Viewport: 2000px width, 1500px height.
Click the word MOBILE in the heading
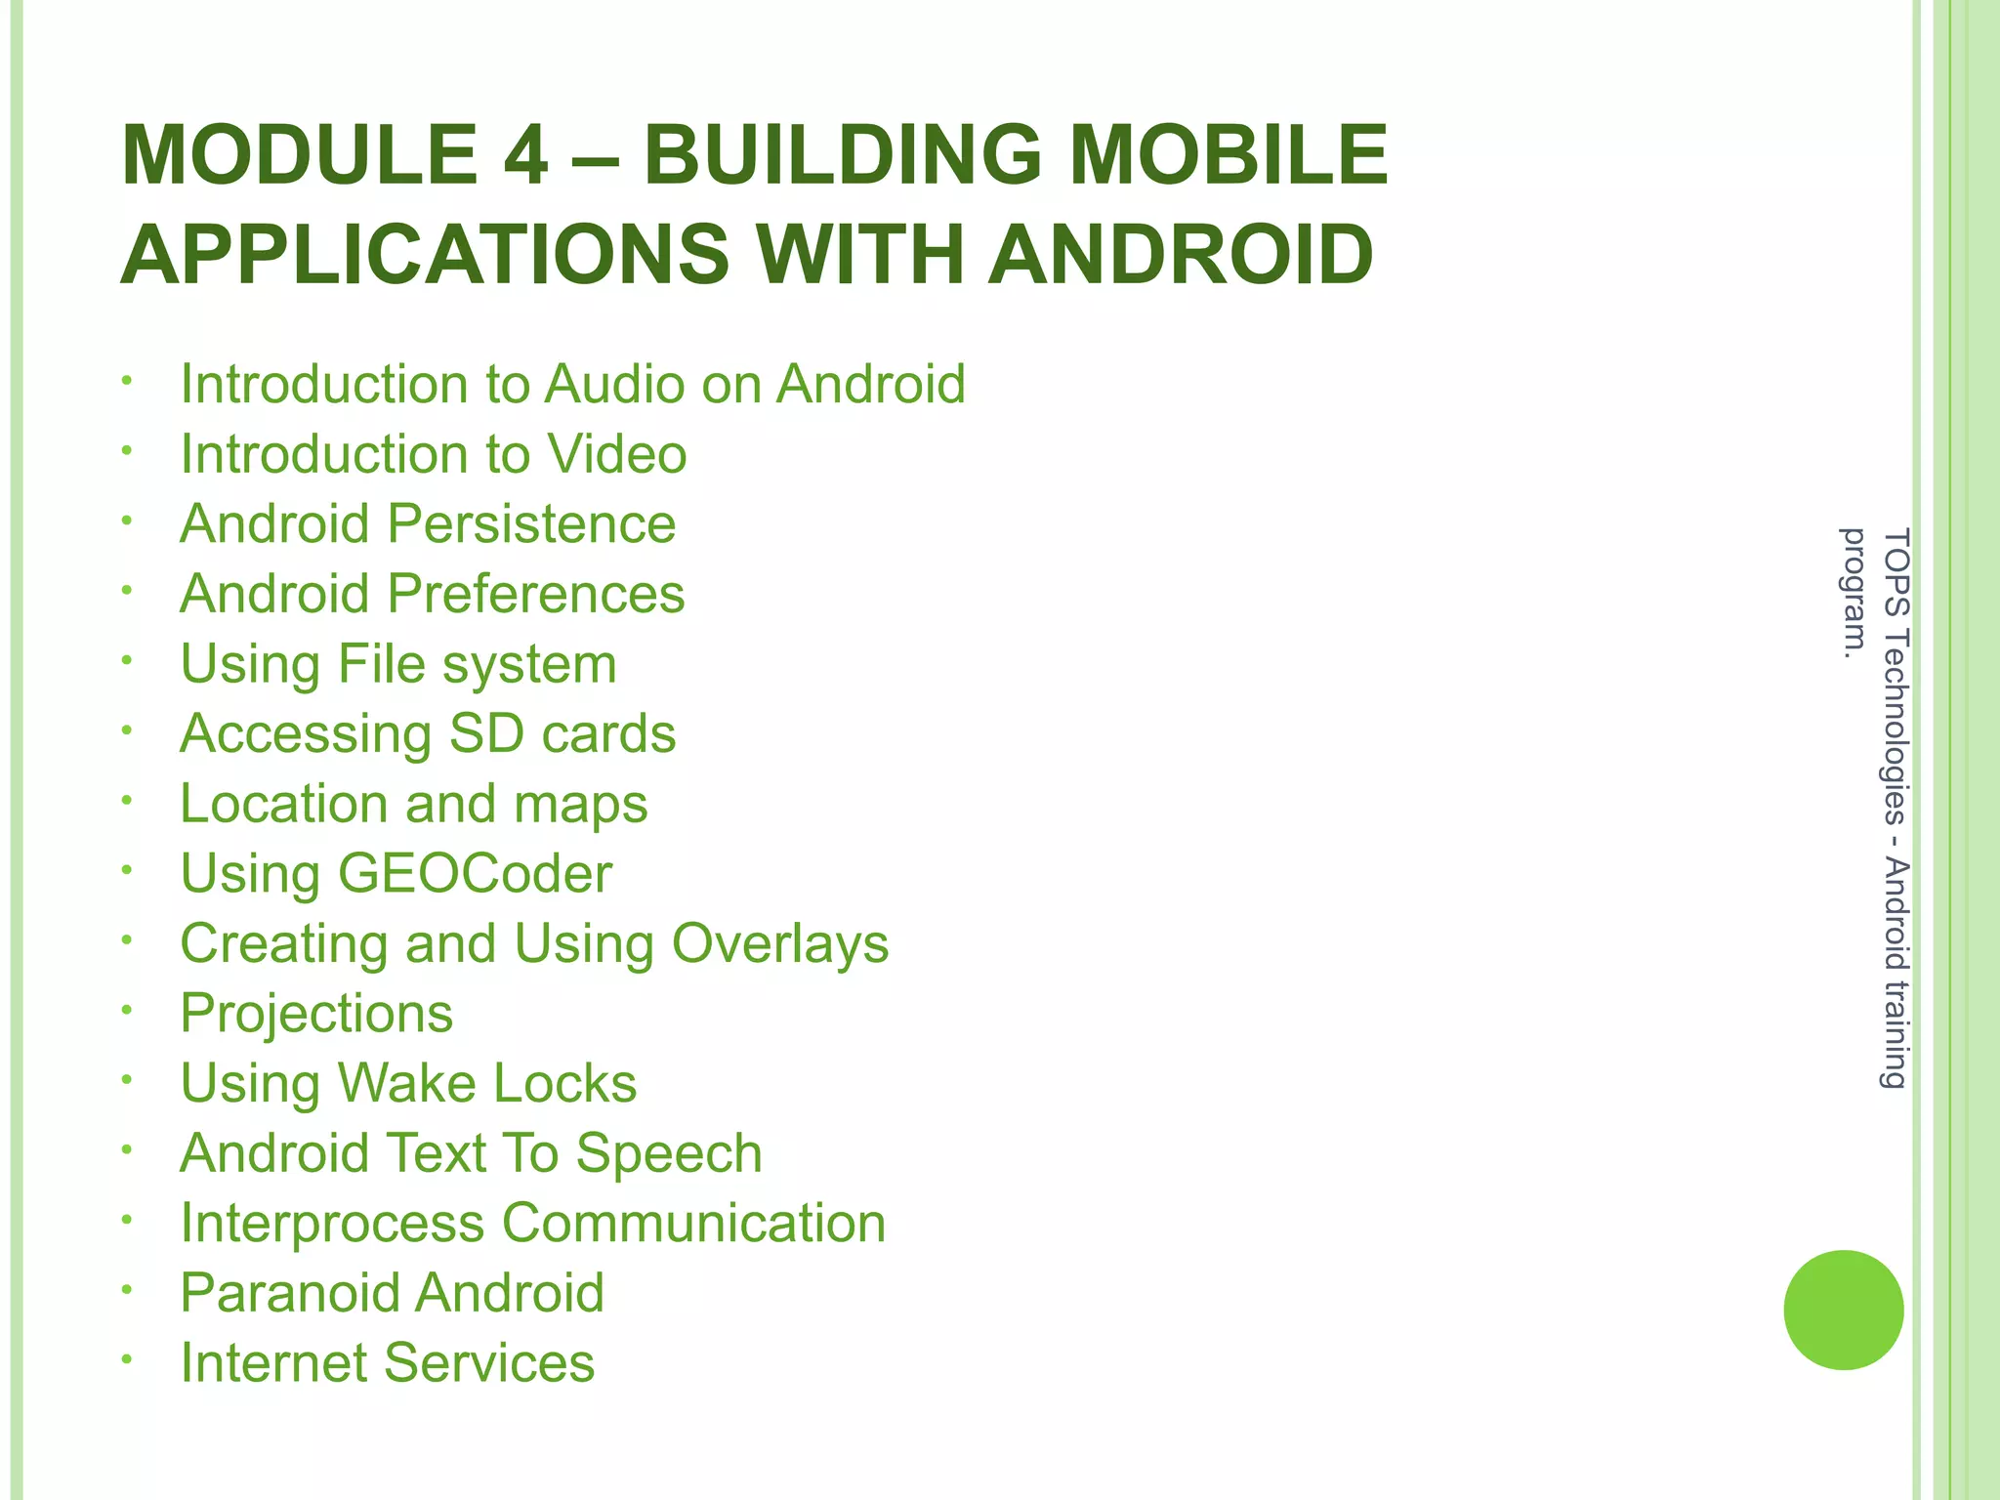pyautogui.click(x=1229, y=156)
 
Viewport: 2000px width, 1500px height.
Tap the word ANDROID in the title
pyautogui.click(x=1181, y=256)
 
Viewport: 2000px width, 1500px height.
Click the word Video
pyautogui.click(x=616, y=454)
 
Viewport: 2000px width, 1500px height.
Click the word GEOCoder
pyautogui.click(x=475, y=873)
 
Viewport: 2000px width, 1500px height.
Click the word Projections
pyautogui.click(x=316, y=1014)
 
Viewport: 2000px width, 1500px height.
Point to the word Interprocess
pyautogui.click(x=332, y=1223)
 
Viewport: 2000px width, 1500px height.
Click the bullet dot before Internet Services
pyautogui.click(x=126, y=1359)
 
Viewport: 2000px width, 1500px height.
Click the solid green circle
pyautogui.click(x=1843, y=1310)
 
